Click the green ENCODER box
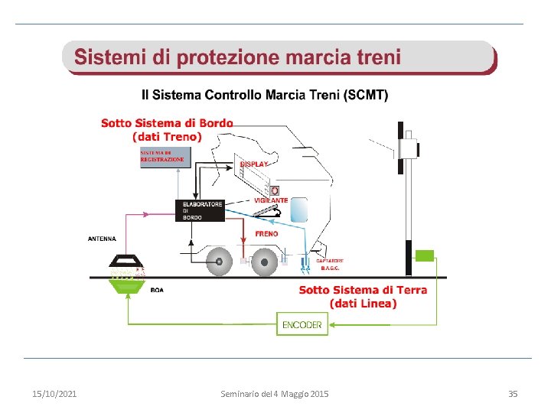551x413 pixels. [302, 324]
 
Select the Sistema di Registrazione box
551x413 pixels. [162, 156]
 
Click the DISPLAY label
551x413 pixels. [254, 164]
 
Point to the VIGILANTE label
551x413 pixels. [271, 200]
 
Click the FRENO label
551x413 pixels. [266, 233]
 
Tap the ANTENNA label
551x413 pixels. [102, 239]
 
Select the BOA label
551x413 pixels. [156, 290]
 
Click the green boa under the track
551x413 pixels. [128, 285]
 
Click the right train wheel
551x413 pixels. [264, 262]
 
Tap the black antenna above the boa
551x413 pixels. [127, 261]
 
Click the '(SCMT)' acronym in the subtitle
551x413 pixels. [366, 96]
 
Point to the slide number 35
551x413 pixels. [513, 394]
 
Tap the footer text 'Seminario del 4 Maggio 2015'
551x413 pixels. [275, 394]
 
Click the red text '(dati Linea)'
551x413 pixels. [363, 304]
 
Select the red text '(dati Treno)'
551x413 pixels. [167, 137]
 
